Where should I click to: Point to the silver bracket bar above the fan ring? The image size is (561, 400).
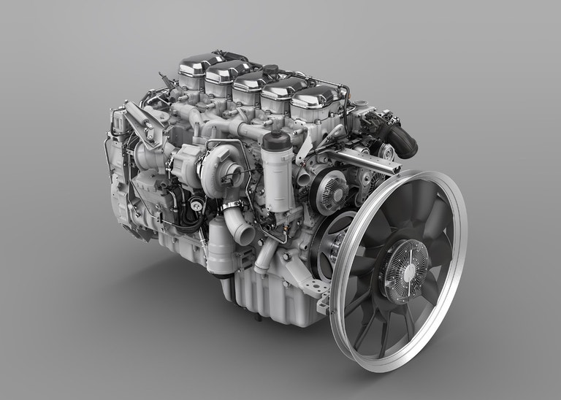tap(351, 158)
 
